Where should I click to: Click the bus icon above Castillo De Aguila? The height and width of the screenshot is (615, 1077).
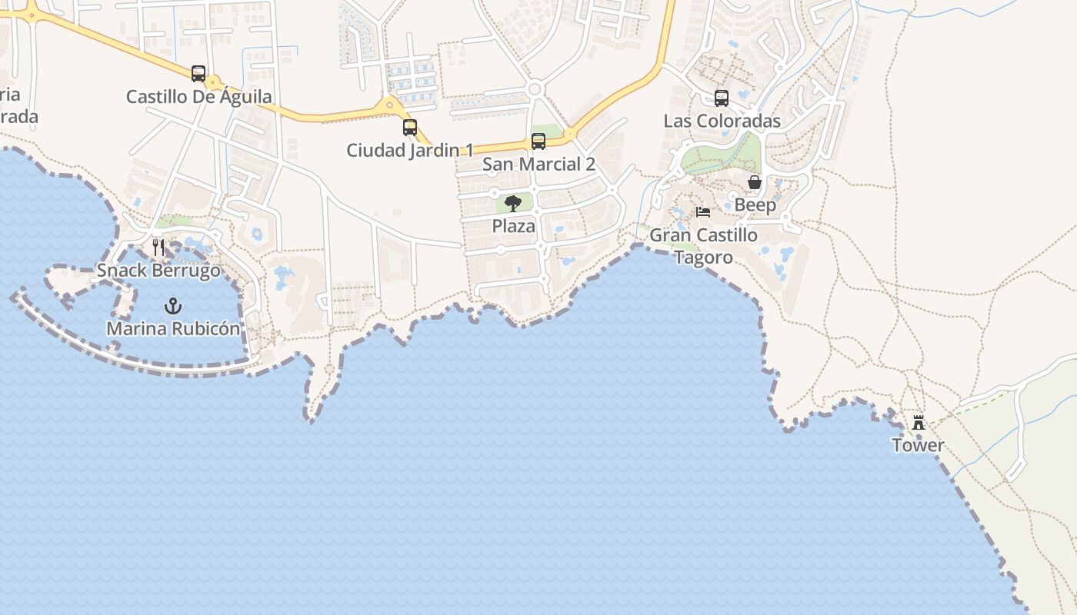point(198,74)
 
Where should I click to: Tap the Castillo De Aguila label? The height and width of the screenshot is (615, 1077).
point(198,97)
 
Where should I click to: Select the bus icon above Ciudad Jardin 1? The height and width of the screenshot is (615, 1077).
point(410,128)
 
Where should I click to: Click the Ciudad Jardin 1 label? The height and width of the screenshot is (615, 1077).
point(410,150)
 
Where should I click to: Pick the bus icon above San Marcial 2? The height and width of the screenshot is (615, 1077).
point(538,141)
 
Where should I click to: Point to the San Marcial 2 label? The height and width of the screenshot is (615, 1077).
point(538,164)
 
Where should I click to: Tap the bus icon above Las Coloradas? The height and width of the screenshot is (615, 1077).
point(722,98)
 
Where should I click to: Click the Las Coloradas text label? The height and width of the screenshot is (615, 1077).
point(722,121)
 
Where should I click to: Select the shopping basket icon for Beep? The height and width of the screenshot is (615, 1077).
point(755,182)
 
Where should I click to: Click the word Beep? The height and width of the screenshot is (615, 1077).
point(755,205)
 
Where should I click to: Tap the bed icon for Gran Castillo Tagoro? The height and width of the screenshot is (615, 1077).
point(703,212)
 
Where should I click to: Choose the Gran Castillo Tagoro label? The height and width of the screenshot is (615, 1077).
point(703,246)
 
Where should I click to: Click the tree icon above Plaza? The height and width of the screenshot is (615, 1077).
point(513,204)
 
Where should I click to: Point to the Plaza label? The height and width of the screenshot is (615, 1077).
point(513,227)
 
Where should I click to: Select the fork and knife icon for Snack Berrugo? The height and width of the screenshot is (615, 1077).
point(158,247)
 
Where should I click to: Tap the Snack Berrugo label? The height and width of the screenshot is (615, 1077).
point(158,271)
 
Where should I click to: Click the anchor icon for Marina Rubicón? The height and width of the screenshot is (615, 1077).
point(173,306)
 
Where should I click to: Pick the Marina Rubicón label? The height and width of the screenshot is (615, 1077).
point(173,329)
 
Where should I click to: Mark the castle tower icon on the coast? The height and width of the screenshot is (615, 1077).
point(918,423)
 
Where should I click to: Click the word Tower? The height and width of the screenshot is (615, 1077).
point(918,445)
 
